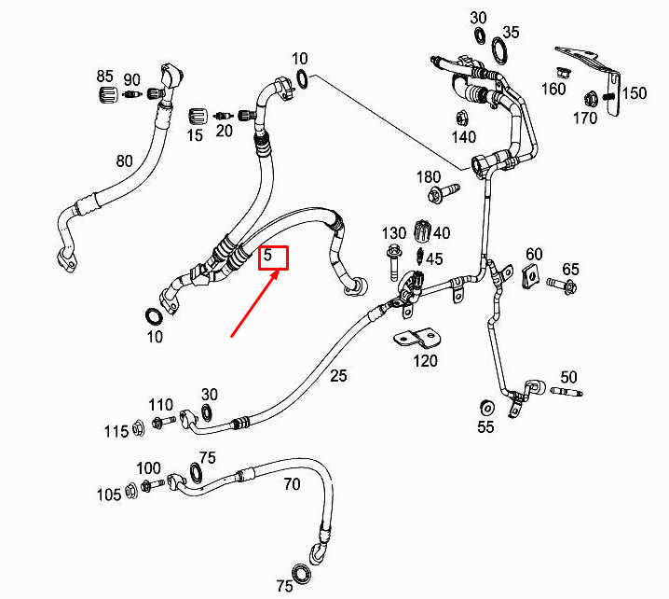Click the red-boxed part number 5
267,255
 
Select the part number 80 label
124,161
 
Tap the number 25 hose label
338,376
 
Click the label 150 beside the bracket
634,93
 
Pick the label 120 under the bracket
425,361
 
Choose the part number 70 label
292,484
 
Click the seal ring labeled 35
499,50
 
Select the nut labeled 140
461,118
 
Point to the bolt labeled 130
393,262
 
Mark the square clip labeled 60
531,275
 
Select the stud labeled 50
567,391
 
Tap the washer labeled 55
486,408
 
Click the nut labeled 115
138,428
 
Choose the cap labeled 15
198,117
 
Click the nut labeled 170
591,100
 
